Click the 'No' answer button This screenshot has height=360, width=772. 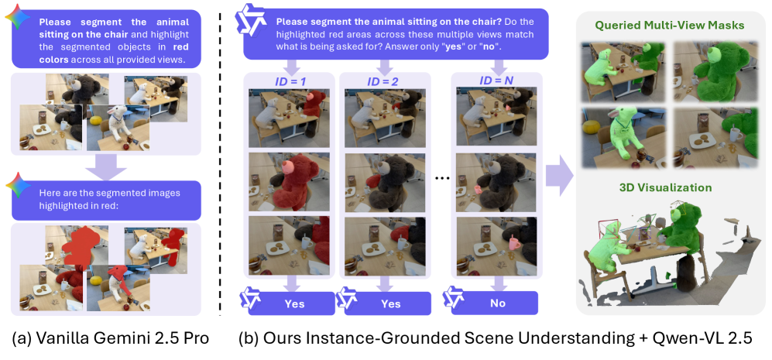point(497,303)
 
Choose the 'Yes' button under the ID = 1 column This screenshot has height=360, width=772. point(294,303)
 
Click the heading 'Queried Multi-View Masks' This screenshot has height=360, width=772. point(672,25)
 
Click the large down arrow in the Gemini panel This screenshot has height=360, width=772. point(106,167)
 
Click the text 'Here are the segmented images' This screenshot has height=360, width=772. point(109,193)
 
